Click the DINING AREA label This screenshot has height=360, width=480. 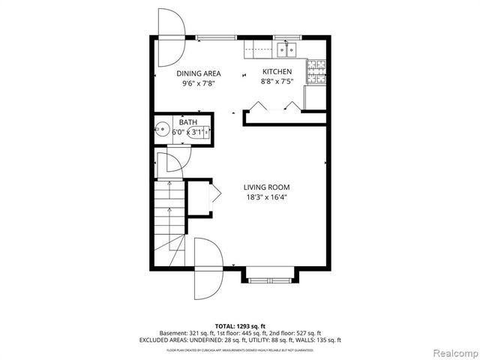click(x=199, y=73)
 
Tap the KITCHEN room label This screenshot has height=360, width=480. click(x=276, y=72)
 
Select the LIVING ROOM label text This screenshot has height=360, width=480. click(x=266, y=187)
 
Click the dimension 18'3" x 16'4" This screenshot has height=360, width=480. click(x=266, y=198)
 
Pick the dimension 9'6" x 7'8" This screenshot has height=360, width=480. click(x=199, y=83)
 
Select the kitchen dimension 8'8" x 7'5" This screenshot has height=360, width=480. click(x=276, y=82)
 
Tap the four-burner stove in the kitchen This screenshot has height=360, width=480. click(x=317, y=70)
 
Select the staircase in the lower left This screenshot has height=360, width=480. click(x=168, y=217)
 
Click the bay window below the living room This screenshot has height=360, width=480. click(x=271, y=275)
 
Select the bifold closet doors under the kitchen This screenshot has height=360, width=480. click(x=274, y=109)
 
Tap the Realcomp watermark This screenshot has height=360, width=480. click(x=453, y=351)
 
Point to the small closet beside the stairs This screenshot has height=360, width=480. click(x=201, y=197)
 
